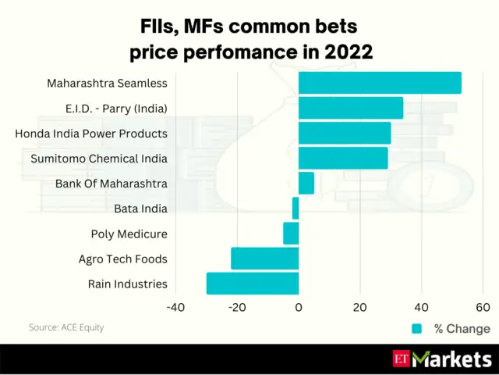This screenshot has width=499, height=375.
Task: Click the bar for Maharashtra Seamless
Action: tap(380, 83)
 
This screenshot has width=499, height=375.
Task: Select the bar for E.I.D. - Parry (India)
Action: tap(351, 108)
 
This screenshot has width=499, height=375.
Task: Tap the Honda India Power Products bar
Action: tap(345, 133)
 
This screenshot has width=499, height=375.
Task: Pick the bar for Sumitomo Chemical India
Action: tap(343, 158)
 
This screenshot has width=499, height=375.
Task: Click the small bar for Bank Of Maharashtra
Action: tap(306, 183)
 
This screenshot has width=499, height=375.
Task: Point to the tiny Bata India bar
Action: tap(296, 208)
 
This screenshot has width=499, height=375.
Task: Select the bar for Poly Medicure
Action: tap(291, 233)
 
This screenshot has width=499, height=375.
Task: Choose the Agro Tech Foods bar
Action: tap(265, 258)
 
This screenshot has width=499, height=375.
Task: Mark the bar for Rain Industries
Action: tap(253, 283)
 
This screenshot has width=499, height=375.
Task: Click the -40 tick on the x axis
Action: tap(175, 308)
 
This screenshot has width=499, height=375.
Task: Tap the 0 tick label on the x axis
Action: tap(299, 308)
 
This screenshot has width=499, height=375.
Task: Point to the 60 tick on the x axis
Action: tap(483, 308)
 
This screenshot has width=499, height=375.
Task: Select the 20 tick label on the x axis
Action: tap(359, 308)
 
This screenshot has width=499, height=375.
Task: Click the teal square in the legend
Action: tap(417, 329)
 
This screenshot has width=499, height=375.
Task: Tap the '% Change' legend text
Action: tap(462, 329)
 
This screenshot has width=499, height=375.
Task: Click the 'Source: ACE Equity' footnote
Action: tap(66, 327)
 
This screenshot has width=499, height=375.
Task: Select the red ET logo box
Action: tap(401, 359)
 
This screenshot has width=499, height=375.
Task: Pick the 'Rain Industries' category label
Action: tap(127, 284)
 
